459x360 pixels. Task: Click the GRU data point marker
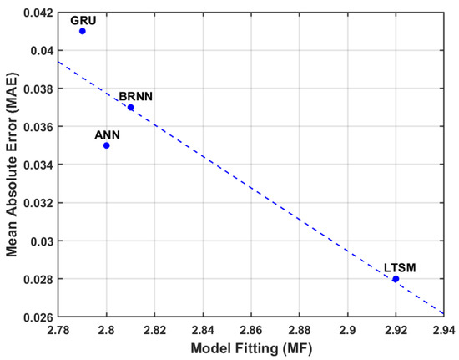pyautogui.click(x=83, y=31)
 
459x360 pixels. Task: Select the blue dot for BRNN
pyautogui.click(x=130, y=107)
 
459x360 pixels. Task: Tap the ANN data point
pyautogui.click(x=107, y=145)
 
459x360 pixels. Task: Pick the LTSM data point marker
pyautogui.click(x=396, y=278)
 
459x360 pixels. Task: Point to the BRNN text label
pyautogui.click(x=134, y=96)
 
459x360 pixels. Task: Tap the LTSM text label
pyautogui.click(x=400, y=267)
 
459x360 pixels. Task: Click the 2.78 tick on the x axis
pyautogui.click(x=58, y=330)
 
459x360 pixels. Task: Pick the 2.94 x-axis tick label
pyautogui.click(x=443, y=330)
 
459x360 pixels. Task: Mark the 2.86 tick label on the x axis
pyautogui.click(x=250, y=330)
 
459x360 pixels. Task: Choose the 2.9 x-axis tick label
pyautogui.click(x=347, y=330)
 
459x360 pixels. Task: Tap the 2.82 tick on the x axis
pyautogui.click(x=154, y=330)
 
